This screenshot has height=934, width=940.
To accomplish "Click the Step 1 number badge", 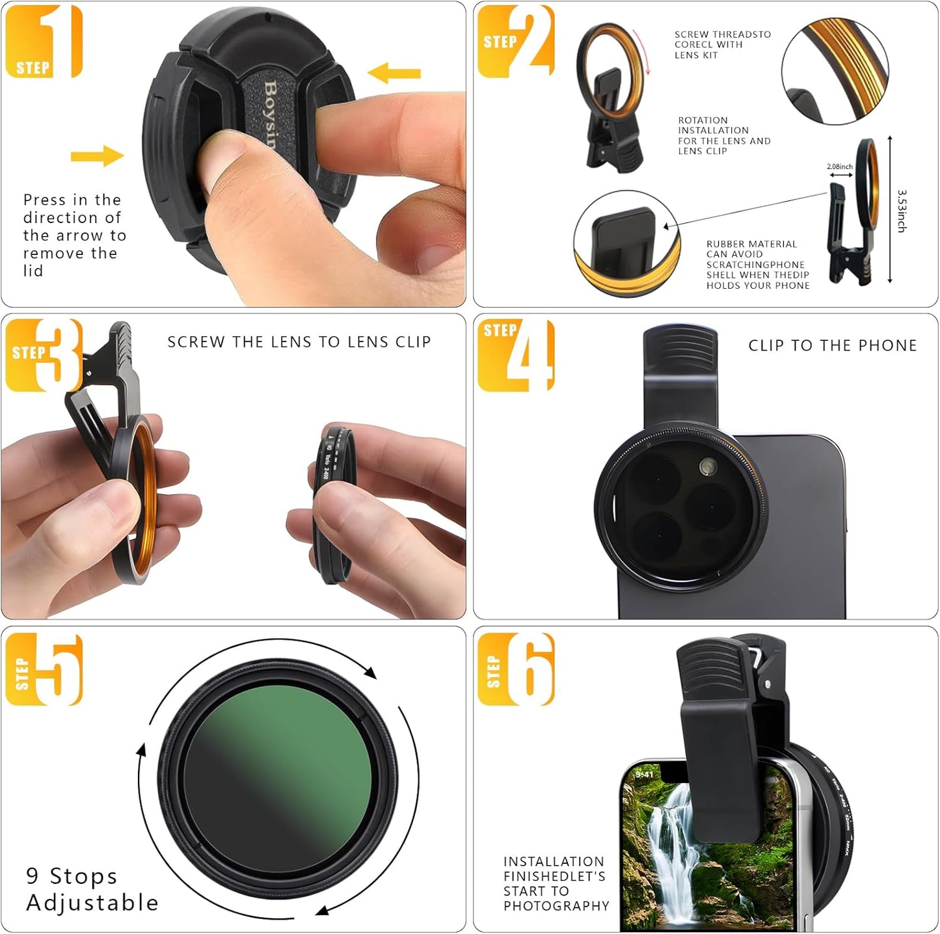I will point(44,41).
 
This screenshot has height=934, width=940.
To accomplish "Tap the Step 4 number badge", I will point(516,355).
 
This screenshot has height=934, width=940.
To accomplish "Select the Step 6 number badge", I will point(516,669).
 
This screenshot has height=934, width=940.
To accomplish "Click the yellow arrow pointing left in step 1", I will point(394,73).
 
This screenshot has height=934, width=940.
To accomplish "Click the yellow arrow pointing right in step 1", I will point(97,155).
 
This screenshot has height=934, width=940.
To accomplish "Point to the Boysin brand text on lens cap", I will point(270,114).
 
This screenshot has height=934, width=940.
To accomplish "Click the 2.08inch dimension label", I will point(839,167).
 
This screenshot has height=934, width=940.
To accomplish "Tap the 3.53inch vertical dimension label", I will point(902,211).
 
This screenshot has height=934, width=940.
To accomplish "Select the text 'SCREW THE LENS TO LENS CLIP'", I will point(299,342).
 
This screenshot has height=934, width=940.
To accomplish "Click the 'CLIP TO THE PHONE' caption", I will point(832,345).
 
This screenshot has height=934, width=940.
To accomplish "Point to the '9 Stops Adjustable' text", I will point(92,889).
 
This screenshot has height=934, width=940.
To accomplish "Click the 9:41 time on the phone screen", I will point(644,774).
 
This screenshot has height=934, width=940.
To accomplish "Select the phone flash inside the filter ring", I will point(708,466).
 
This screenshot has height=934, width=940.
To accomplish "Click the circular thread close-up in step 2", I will point(835,71).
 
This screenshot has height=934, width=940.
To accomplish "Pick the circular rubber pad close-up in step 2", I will point(626,243).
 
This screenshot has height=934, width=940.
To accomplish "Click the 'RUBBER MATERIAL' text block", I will point(757,264).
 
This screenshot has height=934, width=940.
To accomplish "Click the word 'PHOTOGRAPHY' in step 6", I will point(556,905).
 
